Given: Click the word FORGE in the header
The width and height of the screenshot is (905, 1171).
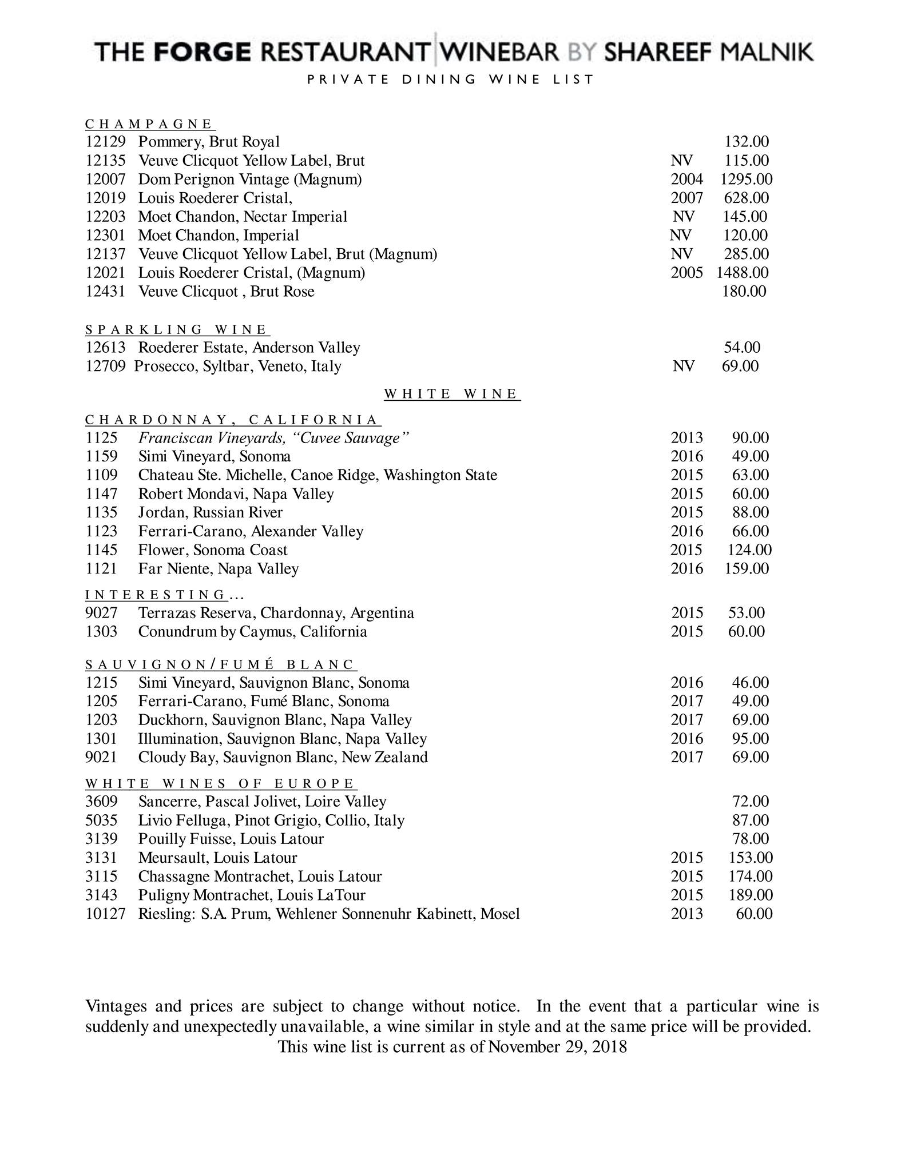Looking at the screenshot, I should pyautogui.click(x=203, y=53).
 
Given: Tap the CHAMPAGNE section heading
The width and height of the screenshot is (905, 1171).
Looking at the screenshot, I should pyautogui.click(x=149, y=124).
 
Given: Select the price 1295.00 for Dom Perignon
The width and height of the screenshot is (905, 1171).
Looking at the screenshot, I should pyautogui.click(x=746, y=180).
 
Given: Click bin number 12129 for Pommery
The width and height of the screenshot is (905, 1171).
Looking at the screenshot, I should pyautogui.click(x=105, y=142).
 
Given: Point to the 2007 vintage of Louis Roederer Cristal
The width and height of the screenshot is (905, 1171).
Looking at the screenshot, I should pyautogui.click(x=686, y=198).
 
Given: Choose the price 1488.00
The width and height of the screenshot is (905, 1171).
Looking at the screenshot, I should pyautogui.click(x=743, y=273).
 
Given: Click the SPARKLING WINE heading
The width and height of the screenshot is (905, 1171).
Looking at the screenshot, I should pyautogui.click(x=177, y=329).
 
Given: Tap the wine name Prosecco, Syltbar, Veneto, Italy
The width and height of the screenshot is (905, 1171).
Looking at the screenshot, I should pyautogui.click(x=237, y=367).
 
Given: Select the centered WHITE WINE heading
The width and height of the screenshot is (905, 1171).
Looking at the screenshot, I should pyautogui.click(x=452, y=394).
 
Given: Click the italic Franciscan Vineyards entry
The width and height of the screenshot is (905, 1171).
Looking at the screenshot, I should pyautogui.click(x=274, y=438).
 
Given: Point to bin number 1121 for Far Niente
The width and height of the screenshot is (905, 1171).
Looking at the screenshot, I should pyautogui.click(x=101, y=569).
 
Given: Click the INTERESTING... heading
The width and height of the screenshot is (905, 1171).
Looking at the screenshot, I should pyautogui.click(x=165, y=595).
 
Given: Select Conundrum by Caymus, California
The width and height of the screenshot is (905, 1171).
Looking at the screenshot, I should pyautogui.click(x=252, y=632).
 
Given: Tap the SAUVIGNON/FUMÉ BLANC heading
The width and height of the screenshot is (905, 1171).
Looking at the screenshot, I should pyautogui.click(x=221, y=664).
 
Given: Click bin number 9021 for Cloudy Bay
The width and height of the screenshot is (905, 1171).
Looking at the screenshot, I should pyautogui.click(x=101, y=758).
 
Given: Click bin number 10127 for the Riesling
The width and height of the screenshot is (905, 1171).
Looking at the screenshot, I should pyautogui.click(x=105, y=914).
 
